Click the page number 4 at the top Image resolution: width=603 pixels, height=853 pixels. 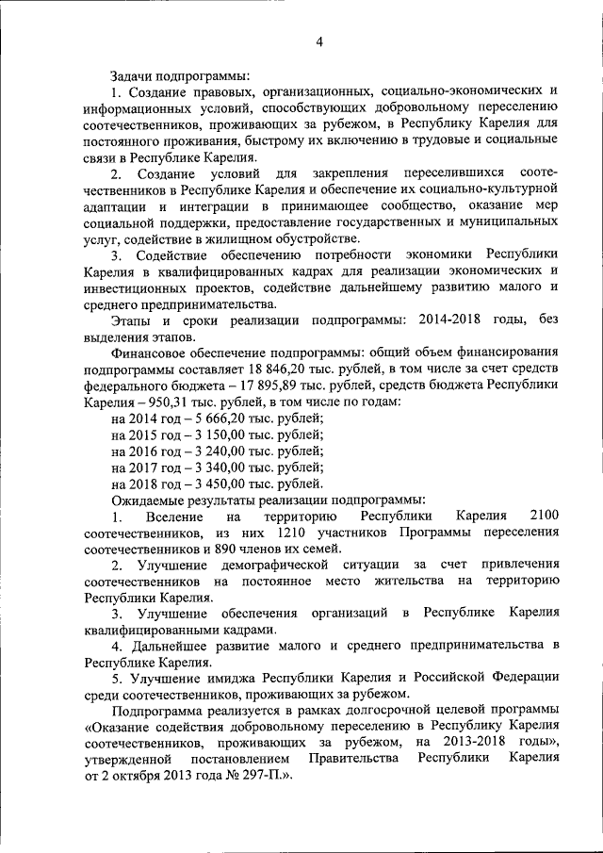(319, 41)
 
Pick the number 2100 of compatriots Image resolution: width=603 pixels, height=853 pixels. (545, 517)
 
